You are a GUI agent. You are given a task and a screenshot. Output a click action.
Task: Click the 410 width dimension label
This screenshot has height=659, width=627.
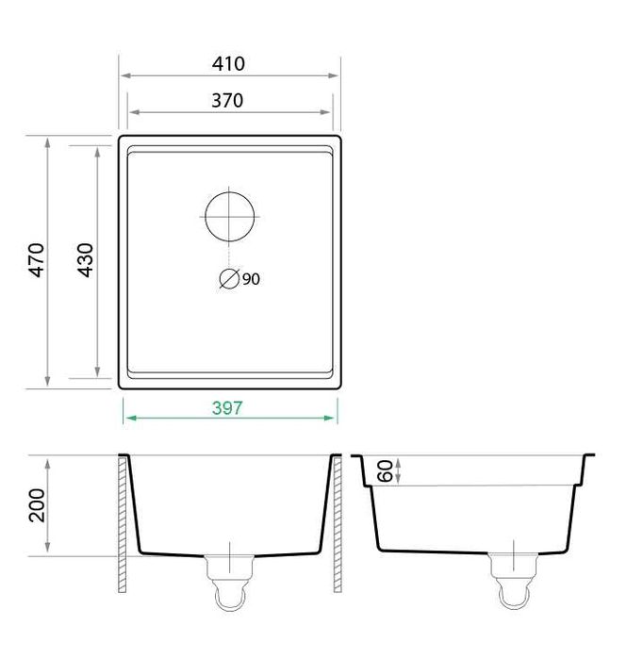(228, 64)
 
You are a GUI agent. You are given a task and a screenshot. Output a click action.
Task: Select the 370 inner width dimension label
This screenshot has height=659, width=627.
(227, 101)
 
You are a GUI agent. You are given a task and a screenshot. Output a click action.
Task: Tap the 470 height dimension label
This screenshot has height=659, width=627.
(37, 259)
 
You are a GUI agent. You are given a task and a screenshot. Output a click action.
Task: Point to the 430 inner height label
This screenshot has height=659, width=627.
(85, 259)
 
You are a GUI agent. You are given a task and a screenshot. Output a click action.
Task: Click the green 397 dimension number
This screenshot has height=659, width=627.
(227, 408)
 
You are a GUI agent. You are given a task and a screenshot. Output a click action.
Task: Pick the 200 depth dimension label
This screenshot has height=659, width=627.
(37, 505)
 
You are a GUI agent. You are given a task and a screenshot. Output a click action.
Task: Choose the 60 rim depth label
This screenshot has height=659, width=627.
(385, 470)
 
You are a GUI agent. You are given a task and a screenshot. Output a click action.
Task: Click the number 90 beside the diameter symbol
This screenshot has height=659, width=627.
(251, 279)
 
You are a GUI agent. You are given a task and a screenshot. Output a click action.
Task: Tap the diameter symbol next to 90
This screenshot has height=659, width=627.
(229, 278)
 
